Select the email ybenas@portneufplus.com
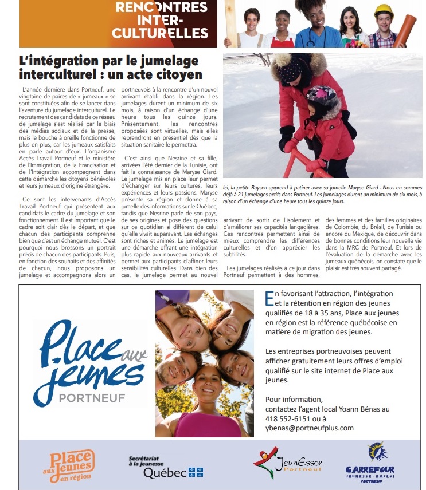point(310,428)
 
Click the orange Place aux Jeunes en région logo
point(69,465)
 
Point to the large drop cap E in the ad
point(269,298)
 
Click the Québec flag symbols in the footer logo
point(196,473)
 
